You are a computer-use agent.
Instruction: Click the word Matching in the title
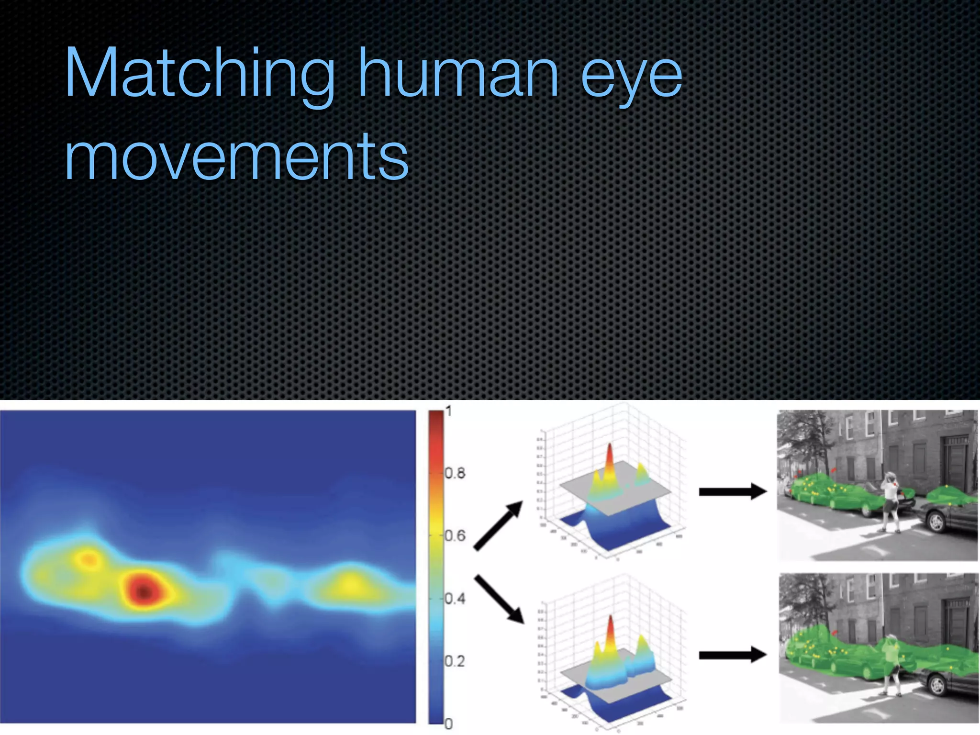[x=199, y=74]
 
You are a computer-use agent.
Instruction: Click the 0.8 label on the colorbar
[x=455, y=473]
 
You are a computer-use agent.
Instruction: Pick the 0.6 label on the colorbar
[x=455, y=535]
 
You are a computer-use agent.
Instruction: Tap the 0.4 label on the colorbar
[x=455, y=598]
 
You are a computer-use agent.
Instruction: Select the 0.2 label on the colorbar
[x=455, y=661]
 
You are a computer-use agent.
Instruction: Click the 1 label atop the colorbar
[x=448, y=411]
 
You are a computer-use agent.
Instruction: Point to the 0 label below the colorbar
[x=448, y=724]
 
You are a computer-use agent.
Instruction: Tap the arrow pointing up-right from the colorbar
[x=498, y=525]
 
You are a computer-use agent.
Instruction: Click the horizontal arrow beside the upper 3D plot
[x=733, y=491]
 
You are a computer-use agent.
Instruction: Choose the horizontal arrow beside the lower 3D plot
[x=733, y=655]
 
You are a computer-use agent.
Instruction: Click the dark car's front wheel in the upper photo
[x=937, y=523]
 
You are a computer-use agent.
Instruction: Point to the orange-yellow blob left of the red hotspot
[x=88, y=558]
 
